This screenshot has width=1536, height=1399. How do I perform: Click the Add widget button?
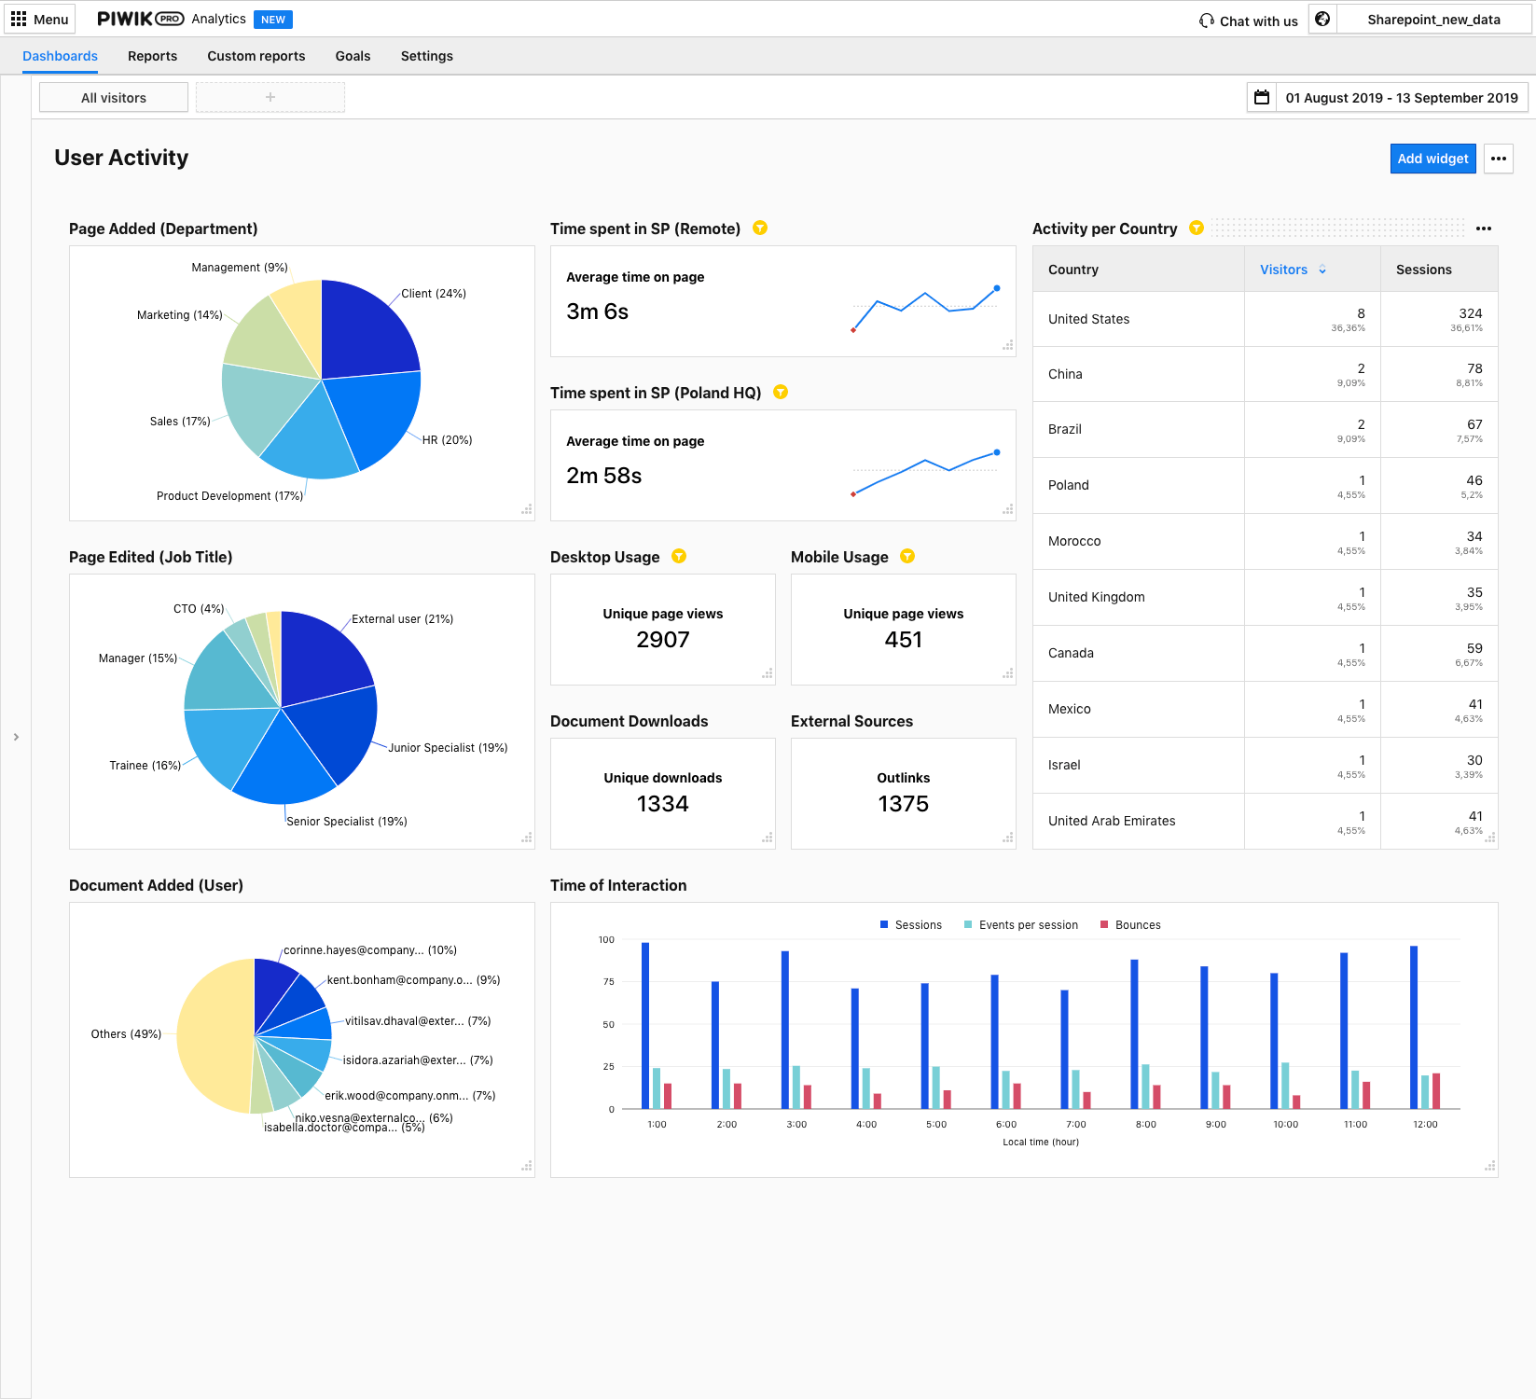tap(1432, 159)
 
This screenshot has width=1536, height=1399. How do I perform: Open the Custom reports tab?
tap(256, 56)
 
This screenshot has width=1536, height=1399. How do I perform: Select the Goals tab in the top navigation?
tap(353, 56)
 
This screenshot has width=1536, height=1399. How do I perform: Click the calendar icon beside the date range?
tap(1262, 97)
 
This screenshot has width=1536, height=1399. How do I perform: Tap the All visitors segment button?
tap(114, 97)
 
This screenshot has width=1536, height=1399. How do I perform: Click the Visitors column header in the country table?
tap(1283, 270)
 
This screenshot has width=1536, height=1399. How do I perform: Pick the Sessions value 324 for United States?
tap(1471, 313)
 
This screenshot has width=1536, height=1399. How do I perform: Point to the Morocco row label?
tap(1074, 541)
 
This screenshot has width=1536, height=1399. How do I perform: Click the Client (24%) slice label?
tap(434, 294)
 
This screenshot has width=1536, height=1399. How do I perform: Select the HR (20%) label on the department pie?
tap(448, 440)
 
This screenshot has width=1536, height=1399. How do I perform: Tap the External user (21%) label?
tap(402, 619)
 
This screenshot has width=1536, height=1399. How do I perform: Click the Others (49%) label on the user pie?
tap(126, 1034)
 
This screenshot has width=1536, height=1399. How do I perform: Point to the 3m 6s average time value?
tap(598, 312)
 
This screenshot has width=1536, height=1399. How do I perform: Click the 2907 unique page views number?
tap(663, 640)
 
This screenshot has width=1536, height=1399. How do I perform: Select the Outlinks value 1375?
tap(904, 804)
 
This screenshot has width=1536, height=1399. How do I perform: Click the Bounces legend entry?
tap(1130, 925)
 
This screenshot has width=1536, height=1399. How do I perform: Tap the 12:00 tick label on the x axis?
tap(1425, 1125)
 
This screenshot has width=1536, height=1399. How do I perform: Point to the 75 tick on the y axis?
tap(608, 982)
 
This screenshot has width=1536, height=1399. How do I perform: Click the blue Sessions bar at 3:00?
tap(785, 1030)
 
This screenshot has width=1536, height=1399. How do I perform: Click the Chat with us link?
tap(1249, 21)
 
